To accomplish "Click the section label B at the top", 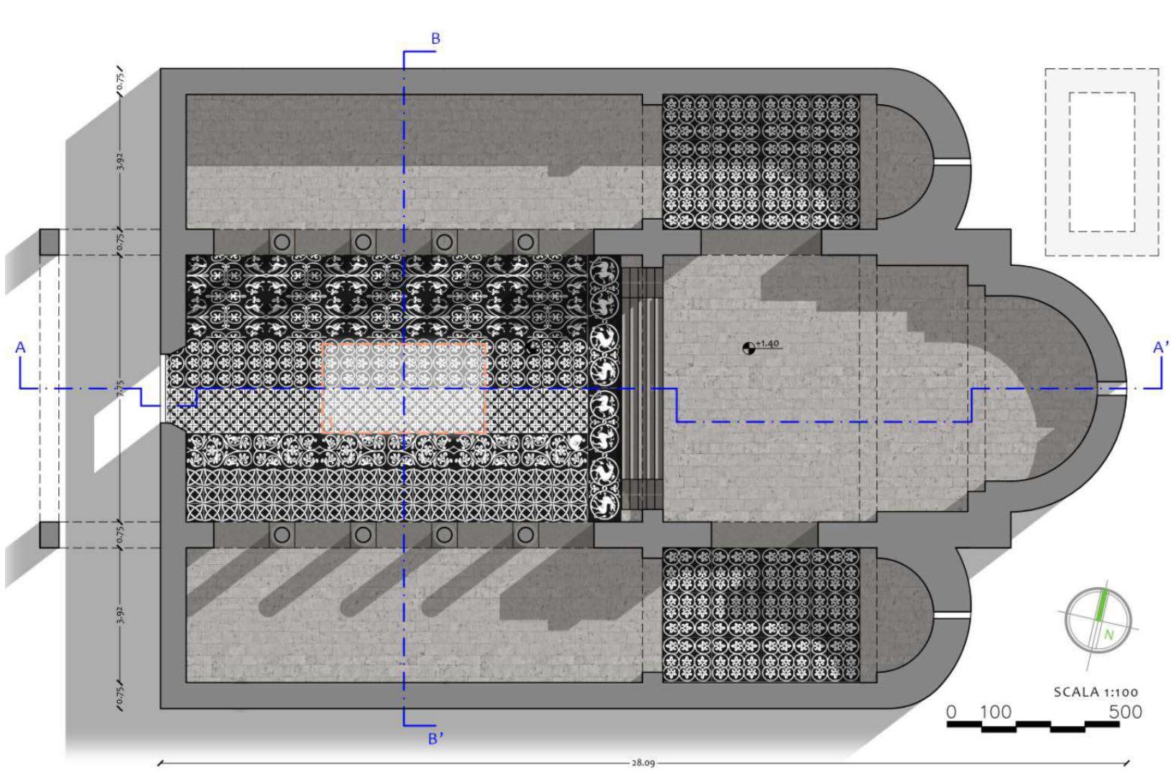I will [x=435, y=39].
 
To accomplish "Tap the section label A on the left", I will [x=21, y=348].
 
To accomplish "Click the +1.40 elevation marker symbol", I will [x=749, y=349].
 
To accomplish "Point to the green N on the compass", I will [x=1108, y=635].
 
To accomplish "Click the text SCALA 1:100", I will [x=1096, y=692].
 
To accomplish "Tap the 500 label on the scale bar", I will [x=1125, y=712].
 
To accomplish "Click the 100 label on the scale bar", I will [x=996, y=712].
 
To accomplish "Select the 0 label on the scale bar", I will [x=952, y=712].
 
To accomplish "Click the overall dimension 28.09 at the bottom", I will [x=642, y=763].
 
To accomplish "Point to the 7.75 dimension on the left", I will [x=121, y=389].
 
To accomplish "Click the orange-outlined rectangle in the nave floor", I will [x=404, y=388].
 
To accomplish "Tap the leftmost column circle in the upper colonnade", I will [x=282, y=242].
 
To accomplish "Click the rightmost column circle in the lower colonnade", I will [x=526, y=534].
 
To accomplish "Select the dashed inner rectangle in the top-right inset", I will [x=1102, y=162].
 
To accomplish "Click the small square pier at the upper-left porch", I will [x=49, y=242].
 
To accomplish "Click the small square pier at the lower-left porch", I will [x=49, y=535].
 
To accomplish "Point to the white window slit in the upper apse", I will [x=952, y=162].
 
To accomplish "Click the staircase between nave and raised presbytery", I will [x=641, y=388].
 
